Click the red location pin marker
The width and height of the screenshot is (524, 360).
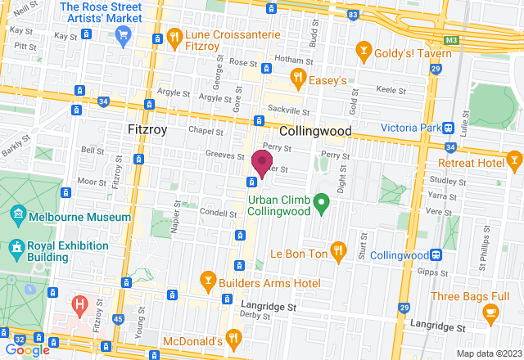coord(262,162)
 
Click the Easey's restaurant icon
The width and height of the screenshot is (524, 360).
coord(299,79)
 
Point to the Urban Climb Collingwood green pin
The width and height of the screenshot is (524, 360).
coord(322,200)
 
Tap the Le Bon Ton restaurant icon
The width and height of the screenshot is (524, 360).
coord(337,249)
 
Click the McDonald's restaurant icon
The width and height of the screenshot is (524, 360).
coord(233,336)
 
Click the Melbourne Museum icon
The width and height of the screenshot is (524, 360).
coord(18,217)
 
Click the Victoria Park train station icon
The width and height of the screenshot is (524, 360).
coord(449,128)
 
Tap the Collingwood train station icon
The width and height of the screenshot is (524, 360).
coord(438,254)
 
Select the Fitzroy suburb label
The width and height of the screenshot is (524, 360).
coord(148,130)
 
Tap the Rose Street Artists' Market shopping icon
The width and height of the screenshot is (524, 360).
coord(124,34)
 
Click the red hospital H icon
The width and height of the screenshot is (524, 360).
coord(79,307)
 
